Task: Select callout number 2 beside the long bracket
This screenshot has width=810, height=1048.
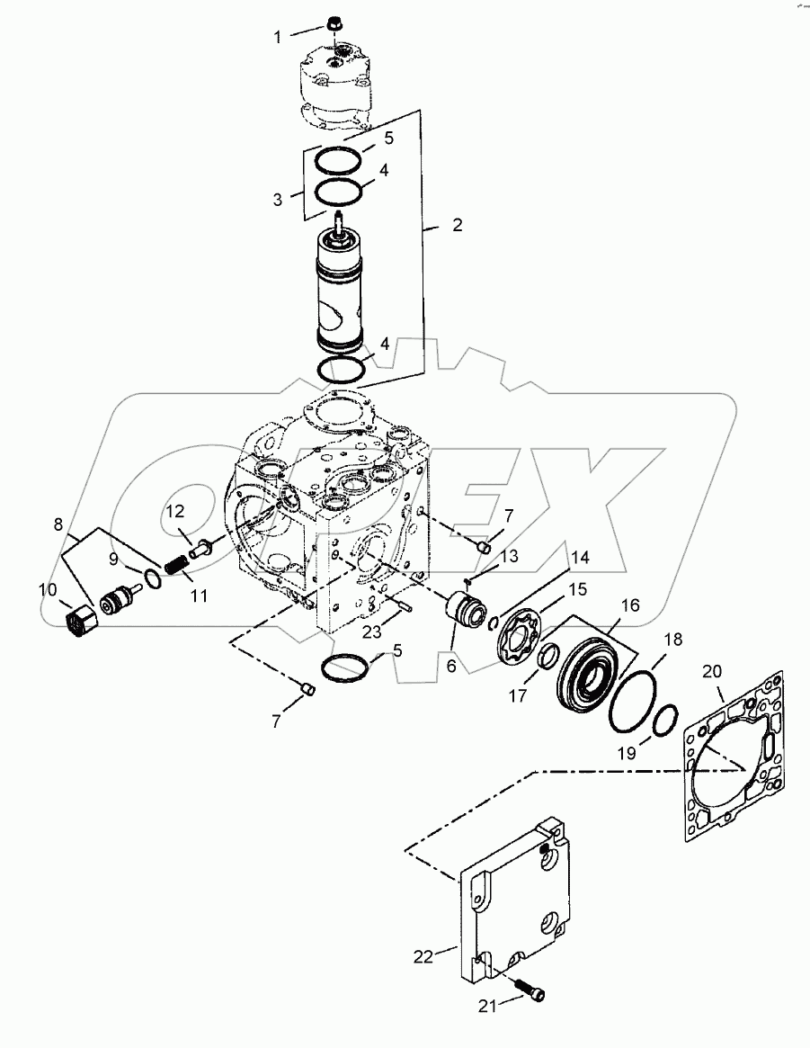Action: point(458,225)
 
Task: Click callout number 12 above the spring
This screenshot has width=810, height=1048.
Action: point(174,513)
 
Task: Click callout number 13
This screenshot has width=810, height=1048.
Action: point(509,557)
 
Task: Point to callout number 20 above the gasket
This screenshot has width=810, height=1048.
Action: point(711,670)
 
